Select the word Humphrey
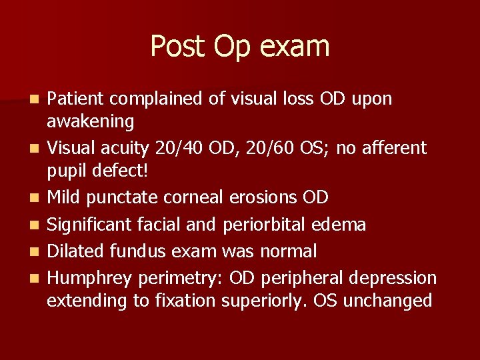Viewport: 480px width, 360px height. pyautogui.click(x=87, y=278)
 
